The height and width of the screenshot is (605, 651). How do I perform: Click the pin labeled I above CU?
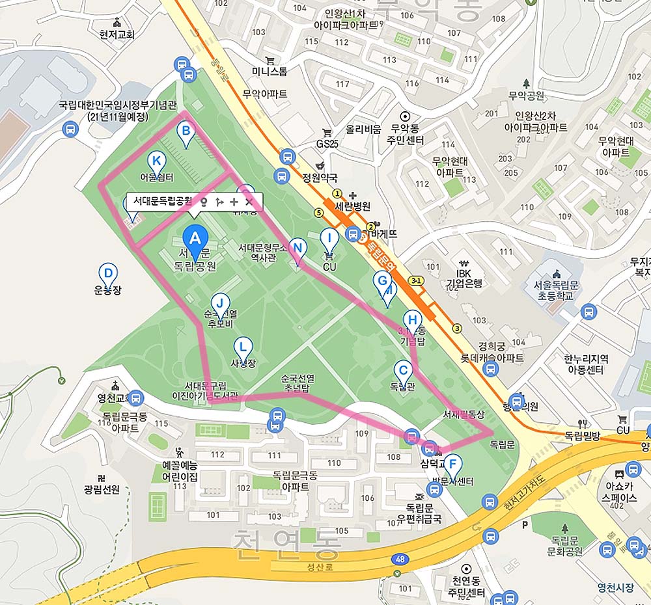point(329,239)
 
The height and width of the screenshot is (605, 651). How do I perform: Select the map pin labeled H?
point(411,320)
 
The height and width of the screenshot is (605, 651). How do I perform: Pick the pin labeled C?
point(403,371)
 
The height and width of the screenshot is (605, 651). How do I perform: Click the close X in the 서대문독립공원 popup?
point(249,202)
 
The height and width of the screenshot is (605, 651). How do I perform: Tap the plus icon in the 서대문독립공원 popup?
point(234,202)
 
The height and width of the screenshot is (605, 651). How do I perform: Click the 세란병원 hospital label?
point(352,206)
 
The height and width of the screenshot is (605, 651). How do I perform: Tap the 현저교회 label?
point(117,34)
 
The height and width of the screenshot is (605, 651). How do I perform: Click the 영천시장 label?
point(615,587)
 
